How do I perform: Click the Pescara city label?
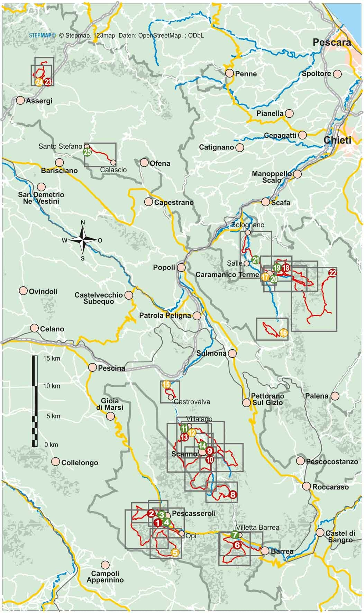tap(331, 43)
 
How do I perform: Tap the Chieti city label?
tap(337, 140)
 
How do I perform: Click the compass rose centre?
tap(83, 240)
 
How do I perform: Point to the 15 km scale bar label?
tap(52, 358)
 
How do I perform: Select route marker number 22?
tap(332, 273)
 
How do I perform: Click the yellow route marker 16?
tap(283, 333)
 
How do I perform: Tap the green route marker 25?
tap(87, 152)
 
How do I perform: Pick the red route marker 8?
tap(233, 495)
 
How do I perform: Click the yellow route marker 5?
tap(175, 553)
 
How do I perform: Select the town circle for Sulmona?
tap(232, 353)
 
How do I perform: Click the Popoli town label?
tap(164, 268)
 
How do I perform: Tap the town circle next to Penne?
tap(229, 73)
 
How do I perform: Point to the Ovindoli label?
tap(43, 292)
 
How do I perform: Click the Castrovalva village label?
tap(192, 402)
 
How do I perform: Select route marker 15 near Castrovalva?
tap(166, 384)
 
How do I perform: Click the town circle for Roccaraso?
tap(306, 486)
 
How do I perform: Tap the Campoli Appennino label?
tap(105, 576)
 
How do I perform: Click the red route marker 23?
tap(48, 82)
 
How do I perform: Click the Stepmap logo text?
tap(42, 35)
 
